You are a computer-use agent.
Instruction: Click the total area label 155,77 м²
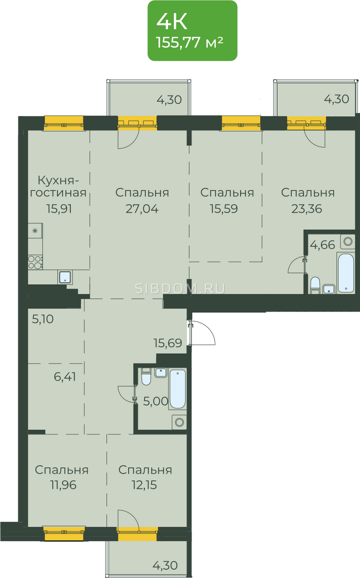[189, 42]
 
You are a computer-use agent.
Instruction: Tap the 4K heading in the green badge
[172, 22]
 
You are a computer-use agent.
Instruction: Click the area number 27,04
[142, 209]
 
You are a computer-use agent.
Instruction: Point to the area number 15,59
[224, 209]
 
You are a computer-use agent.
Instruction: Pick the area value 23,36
[307, 209]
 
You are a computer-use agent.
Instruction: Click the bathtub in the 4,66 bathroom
[346, 273]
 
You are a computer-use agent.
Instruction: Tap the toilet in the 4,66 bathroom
[315, 285]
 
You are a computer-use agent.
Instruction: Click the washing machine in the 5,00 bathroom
[179, 422]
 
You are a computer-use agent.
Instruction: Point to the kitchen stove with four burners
[35, 262]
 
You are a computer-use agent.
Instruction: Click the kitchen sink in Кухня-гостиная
[66, 277]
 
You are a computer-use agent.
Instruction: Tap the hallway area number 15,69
[168, 343]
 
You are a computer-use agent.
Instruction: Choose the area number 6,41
[65, 377]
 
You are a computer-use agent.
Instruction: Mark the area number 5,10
[43, 319]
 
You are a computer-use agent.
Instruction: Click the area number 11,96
[64, 485]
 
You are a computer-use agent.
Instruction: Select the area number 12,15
[145, 485]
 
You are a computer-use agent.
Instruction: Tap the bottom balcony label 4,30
[165, 565]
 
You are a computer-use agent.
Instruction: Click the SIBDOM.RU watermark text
[180, 289]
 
